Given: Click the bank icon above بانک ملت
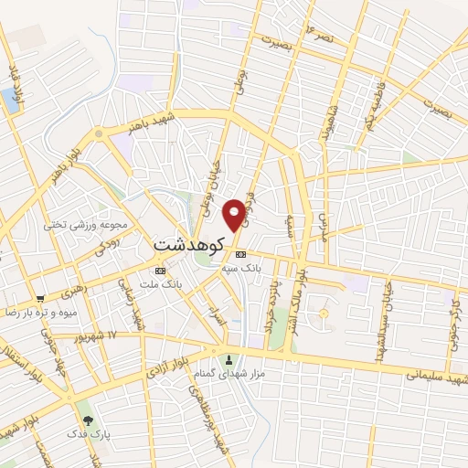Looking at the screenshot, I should [161, 271].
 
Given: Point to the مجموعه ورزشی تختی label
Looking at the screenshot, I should [90, 224].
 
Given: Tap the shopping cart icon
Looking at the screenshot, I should [40, 298].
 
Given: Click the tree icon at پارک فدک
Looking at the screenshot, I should [88, 421].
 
